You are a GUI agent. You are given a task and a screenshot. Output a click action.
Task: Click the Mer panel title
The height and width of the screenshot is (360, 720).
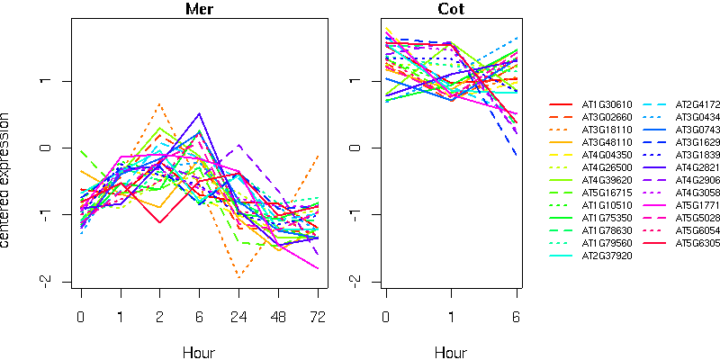point(199,10)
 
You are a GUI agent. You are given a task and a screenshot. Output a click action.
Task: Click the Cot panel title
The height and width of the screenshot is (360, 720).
point(451,10)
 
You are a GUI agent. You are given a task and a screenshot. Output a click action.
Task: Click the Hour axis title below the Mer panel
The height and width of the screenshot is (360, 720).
point(199,352)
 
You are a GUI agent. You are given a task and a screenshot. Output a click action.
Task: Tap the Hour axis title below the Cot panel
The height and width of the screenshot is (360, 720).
point(451,352)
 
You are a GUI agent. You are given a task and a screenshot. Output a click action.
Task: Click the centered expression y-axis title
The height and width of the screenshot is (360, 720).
point(8,180)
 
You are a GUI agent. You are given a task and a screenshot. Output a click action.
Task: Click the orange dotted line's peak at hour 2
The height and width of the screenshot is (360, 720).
point(159,104)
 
